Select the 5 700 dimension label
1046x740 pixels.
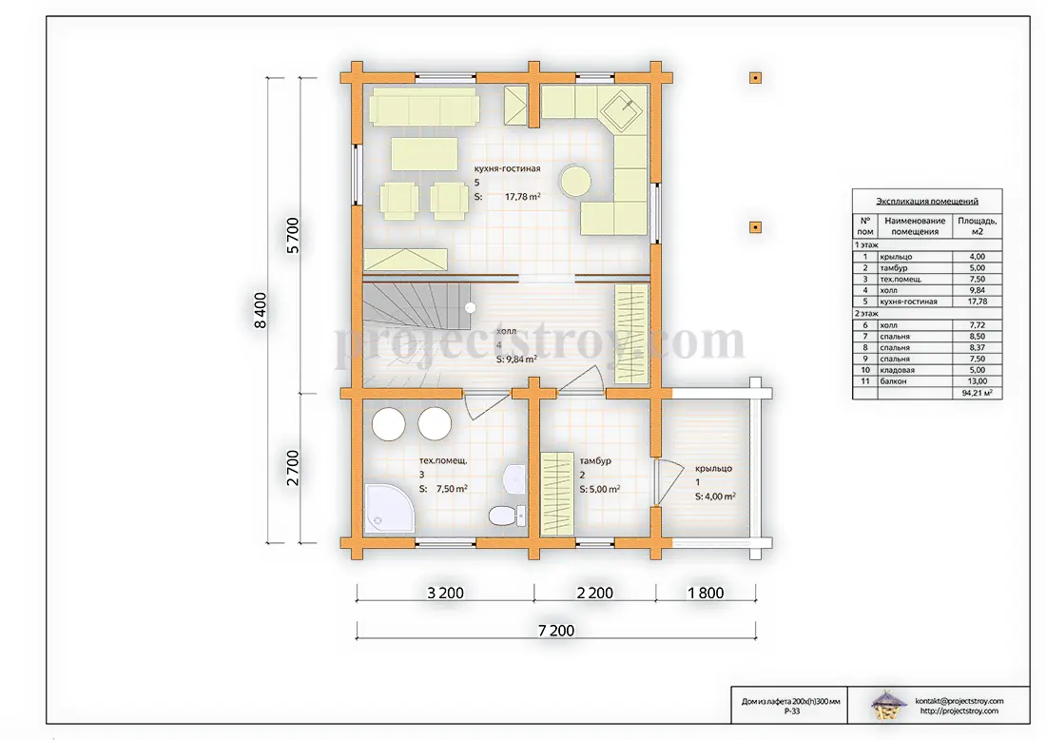tap(293, 236)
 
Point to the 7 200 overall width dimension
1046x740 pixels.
tap(556, 630)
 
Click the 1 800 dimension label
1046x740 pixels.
tap(706, 593)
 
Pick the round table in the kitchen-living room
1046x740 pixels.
tap(575, 180)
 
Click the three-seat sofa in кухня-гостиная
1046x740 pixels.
tap(423, 107)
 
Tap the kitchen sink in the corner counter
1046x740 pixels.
tap(622, 108)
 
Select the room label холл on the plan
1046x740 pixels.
tap(506, 331)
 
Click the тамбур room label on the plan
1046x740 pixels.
tap(595, 460)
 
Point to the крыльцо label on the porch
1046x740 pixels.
tap(713, 468)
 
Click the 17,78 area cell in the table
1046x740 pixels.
tap(978, 302)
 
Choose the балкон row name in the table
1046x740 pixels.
tap(893, 381)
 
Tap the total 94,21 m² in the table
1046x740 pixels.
tap(977, 393)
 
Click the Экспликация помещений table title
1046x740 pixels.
tap(926, 201)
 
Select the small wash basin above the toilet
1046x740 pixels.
tap(513, 479)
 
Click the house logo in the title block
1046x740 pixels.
tap(889, 706)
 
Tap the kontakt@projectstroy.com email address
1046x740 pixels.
tap(959, 701)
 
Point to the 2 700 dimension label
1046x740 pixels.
tap(293, 468)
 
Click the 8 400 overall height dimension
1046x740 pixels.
tap(261, 310)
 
